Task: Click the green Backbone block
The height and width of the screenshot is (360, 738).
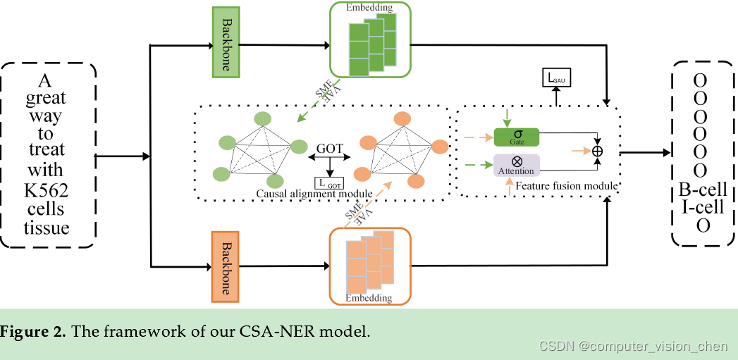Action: pyautogui.click(x=227, y=43)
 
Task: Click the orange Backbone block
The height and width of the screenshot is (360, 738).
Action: pyautogui.click(x=226, y=266)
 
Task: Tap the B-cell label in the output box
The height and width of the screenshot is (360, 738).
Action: pyautogui.click(x=703, y=190)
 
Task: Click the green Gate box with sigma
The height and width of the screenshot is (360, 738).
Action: pyautogui.click(x=517, y=137)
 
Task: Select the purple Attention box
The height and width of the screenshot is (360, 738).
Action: pyautogui.click(x=517, y=164)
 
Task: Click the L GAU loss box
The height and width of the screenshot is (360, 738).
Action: pyautogui.click(x=555, y=78)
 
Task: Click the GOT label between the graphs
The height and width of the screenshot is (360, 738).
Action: pyautogui.click(x=329, y=149)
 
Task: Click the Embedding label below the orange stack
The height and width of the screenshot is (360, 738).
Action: pyautogui.click(x=369, y=298)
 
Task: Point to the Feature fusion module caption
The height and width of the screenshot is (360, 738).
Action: pyautogui.click(x=567, y=186)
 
